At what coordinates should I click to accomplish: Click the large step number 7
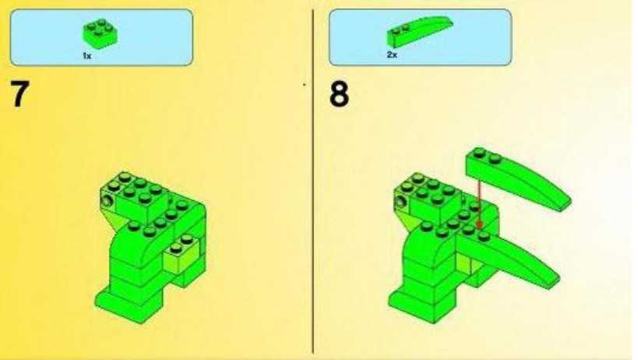click(x=19, y=94)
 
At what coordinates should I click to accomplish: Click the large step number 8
click(x=339, y=94)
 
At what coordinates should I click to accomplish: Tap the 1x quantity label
click(x=87, y=56)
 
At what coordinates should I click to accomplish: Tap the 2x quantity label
click(x=392, y=55)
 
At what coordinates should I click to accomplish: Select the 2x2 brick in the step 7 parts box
click(x=100, y=34)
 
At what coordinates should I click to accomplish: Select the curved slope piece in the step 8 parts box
click(x=419, y=31)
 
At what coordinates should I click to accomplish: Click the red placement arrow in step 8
click(x=480, y=203)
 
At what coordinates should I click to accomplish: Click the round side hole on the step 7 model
click(x=108, y=200)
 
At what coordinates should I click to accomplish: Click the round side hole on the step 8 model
click(x=401, y=201)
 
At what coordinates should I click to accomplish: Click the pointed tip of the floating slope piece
click(x=569, y=201)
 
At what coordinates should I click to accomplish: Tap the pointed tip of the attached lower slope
click(x=558, y=279)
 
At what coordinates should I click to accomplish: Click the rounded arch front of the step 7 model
click(x=129, y=243)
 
